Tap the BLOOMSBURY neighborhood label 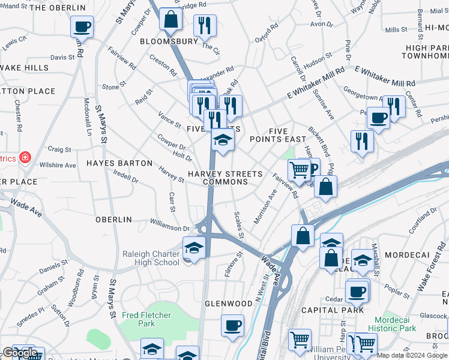[x=169, y=41]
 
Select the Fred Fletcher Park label [x=146, y=319]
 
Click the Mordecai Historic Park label [x=395, y=324]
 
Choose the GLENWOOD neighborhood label [x=229, y=304]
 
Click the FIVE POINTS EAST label [x=288, y=135]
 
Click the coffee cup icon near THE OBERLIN [x=82, y=26]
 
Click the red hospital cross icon [x=25, y=158]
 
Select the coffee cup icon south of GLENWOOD [x=232, y=326]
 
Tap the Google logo [x=19, y=353]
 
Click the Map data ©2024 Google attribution [x=411, y=355]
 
